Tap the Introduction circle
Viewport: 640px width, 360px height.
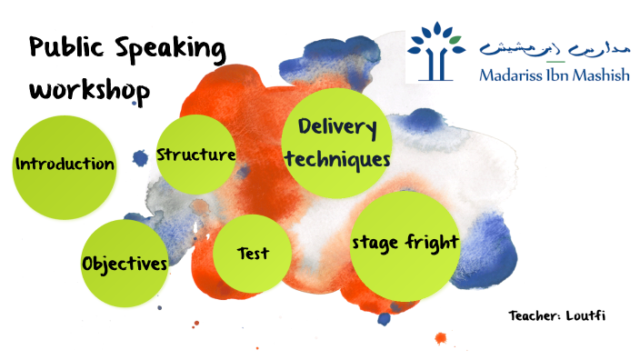65,165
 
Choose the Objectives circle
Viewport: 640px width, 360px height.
125,264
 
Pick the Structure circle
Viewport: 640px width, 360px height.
196,155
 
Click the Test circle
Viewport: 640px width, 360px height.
252,254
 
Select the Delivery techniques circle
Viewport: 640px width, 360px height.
337,143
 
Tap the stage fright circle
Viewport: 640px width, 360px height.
405,244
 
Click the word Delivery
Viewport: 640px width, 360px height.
337,127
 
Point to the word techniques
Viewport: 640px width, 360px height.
337,159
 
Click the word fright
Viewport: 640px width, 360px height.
431,244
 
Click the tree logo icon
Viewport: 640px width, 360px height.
437,50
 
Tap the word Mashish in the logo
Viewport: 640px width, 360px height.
599,75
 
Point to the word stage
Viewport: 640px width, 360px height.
375,244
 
